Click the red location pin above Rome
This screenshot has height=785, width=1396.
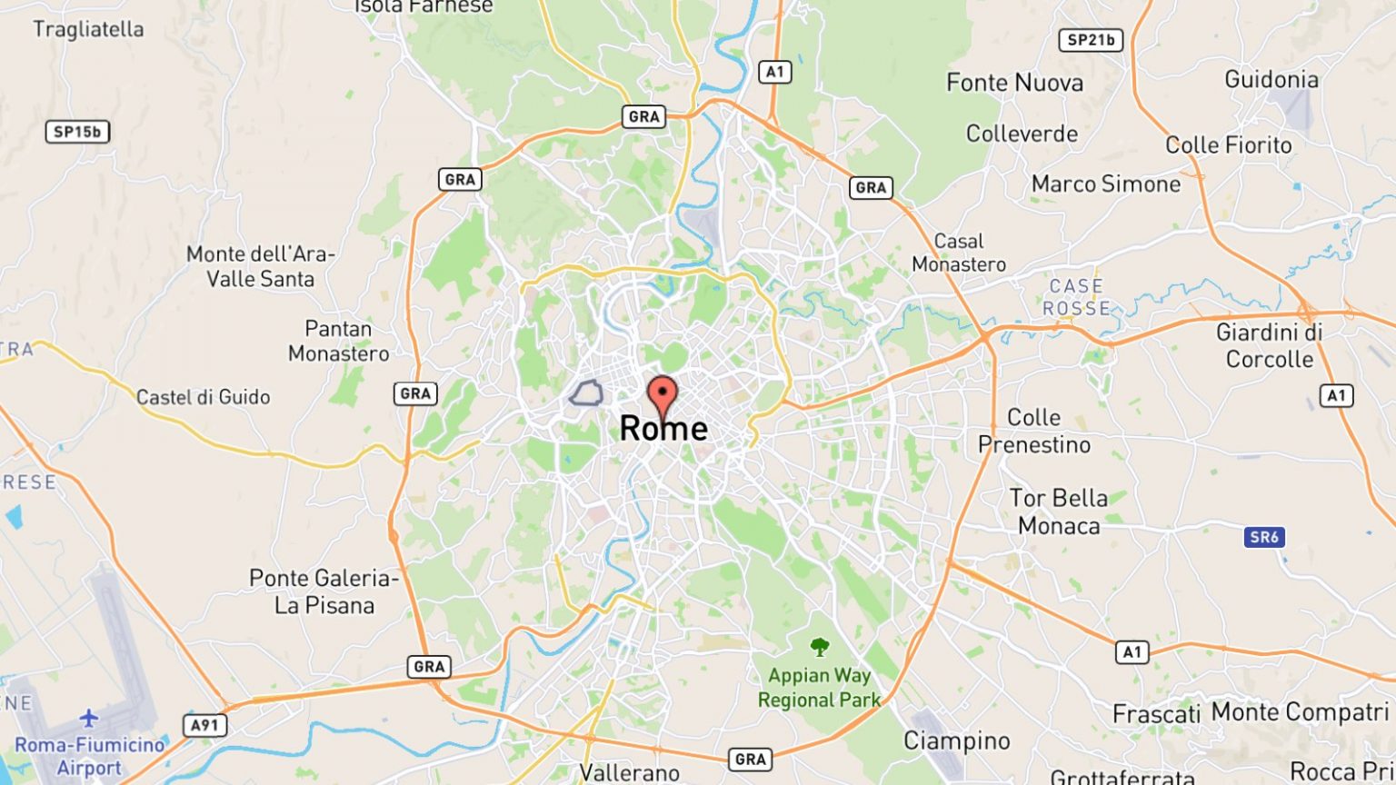click(663, 395)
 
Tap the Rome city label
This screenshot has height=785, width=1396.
click(663, 429)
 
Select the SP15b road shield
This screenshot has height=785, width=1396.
click(77, 132)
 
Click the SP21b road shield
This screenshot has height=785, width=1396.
click(1091, 40)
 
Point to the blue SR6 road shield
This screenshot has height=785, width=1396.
click(1263, 537)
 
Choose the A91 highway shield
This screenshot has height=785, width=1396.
click(204, 725)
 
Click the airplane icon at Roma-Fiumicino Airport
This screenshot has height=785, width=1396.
click(88, 719)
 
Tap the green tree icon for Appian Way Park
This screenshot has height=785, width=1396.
click(820, 647)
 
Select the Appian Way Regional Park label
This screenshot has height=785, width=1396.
click(820, 688)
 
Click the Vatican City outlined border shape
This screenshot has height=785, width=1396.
click(586, 393)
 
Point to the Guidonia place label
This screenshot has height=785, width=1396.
click(1271, 79)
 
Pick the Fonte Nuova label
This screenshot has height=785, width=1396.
click(1014, 83)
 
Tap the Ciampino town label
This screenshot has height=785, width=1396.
click(956, 741)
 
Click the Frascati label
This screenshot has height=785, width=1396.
click(1156, 714)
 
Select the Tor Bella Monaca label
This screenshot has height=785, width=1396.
click(1059, 512)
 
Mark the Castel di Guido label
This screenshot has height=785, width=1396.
click(203, 397)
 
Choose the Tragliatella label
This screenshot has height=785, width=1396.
click(88, 29)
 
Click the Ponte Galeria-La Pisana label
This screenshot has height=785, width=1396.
click(324, 591)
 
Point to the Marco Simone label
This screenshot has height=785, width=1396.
click(1105, 184)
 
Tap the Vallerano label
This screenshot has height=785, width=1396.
click(629, 773)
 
